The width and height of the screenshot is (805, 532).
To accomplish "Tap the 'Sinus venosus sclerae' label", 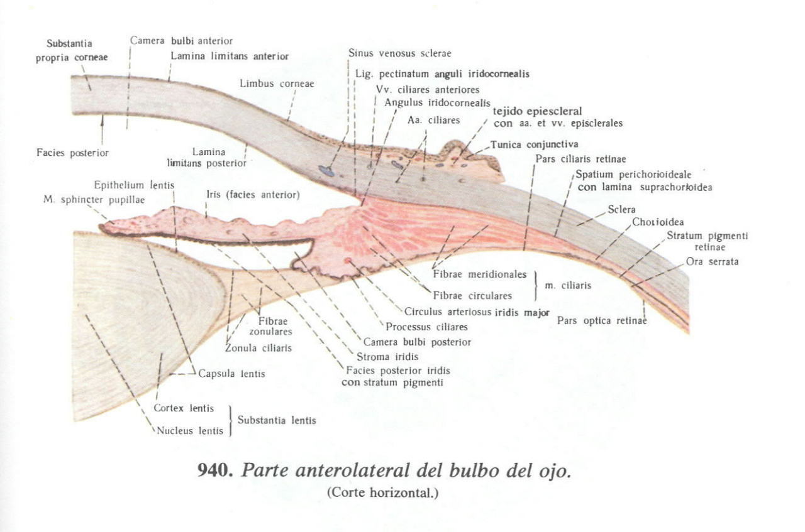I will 399,53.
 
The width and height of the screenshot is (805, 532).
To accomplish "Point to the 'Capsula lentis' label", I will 231,374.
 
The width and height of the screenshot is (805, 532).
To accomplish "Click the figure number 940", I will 216,470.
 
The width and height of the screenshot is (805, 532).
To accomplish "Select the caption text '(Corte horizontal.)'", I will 382,492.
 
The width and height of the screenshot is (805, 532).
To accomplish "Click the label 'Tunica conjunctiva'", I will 534,144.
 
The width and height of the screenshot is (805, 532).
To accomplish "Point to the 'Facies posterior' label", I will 72,153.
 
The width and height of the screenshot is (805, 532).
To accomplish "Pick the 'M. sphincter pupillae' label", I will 94,200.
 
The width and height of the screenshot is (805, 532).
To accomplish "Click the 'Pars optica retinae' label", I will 601,320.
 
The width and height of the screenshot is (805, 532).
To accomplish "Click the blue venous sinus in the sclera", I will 326,169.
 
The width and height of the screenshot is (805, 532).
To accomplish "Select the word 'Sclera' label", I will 621,209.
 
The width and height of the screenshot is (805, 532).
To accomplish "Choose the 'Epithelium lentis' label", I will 134,185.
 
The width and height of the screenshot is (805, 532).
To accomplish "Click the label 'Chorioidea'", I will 658,222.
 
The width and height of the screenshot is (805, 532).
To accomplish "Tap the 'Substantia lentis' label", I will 277,420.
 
